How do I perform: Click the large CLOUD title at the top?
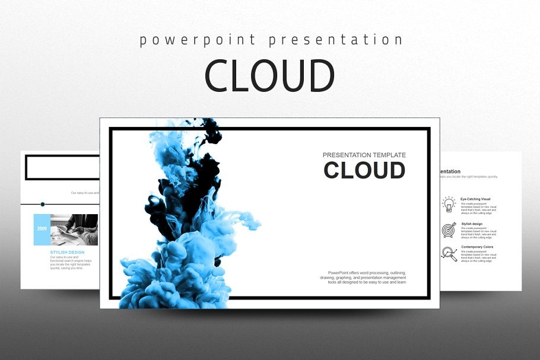(270, 76)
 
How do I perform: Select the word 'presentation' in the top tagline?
(335, 40)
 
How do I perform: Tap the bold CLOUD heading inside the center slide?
(364, 170)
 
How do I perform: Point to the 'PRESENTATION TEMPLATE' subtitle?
(364, 155)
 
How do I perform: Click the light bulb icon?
(449, 205)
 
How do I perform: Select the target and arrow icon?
(449, 230)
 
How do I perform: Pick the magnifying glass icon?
(449, 254)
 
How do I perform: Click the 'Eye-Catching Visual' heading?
(475, 199)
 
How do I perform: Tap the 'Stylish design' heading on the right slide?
(472, 224)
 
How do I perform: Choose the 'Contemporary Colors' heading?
(477, 247)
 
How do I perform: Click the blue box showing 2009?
(42, 229)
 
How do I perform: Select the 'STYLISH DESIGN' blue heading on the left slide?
(67, 252)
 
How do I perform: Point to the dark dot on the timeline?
(43, 203)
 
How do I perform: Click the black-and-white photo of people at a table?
(74, 230)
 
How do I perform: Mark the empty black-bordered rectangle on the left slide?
(61, 167)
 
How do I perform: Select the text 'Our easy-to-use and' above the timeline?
(85, 193)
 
